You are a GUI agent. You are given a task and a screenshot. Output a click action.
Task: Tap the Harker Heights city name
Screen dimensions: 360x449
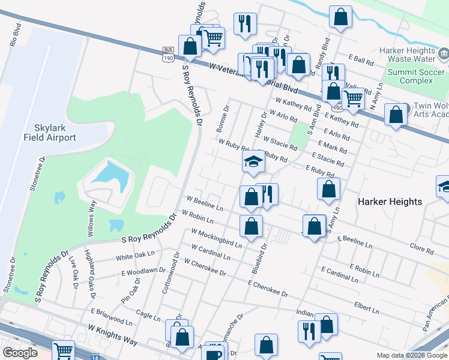click(390, 202)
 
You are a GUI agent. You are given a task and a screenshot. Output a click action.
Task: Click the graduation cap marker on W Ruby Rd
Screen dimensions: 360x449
click(253, 161)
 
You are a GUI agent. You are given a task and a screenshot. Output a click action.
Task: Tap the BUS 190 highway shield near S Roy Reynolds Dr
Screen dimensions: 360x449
click(167, 54)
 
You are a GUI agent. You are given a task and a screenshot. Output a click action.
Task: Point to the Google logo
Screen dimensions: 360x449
click(20, 352)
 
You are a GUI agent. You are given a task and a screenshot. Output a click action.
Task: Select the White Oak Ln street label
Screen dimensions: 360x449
click(135, 256)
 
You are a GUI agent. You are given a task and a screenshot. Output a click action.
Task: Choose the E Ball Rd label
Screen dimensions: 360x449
click(361, 60)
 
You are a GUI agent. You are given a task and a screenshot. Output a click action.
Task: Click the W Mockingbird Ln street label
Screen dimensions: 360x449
click(217, 238)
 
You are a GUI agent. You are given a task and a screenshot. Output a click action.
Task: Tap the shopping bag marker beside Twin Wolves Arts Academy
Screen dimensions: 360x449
click(396, 115)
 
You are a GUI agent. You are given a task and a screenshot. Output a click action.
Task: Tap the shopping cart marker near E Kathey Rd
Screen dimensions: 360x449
click(353, 99)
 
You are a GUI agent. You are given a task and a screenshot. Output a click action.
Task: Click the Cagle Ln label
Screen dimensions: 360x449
click(148, 316)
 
